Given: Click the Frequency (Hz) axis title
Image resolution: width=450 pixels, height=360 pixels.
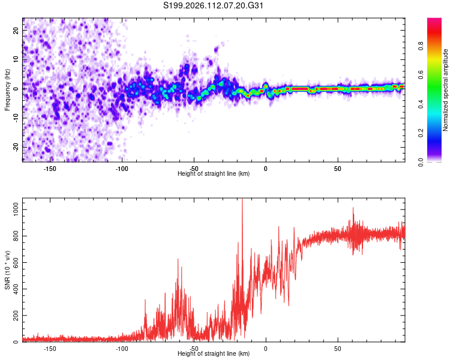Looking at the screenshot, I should coord(7,89).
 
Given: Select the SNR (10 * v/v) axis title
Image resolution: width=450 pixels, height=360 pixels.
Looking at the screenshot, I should coord(7,271).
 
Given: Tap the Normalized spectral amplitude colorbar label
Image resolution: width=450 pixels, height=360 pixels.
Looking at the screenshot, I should coord(446,91).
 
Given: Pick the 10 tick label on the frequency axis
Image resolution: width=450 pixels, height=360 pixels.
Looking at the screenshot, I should coord(16,59).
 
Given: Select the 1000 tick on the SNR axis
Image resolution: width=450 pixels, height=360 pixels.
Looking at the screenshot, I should coord(12,205).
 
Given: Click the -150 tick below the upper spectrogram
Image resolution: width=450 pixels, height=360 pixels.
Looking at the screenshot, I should coord(50,169).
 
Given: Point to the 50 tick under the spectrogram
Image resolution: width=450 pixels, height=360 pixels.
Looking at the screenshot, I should coord(338,169).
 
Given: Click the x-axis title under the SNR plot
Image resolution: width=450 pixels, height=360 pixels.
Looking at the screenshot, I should coord(214,354).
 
